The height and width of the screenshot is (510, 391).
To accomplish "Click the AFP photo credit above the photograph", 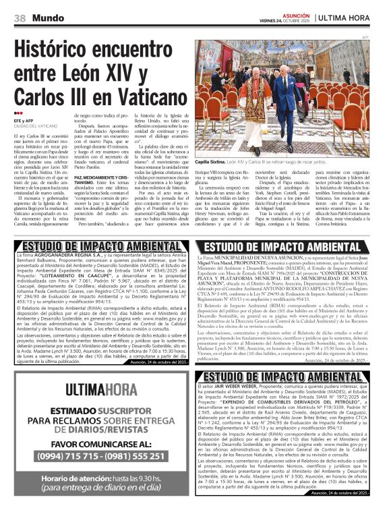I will click(365, 37).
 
